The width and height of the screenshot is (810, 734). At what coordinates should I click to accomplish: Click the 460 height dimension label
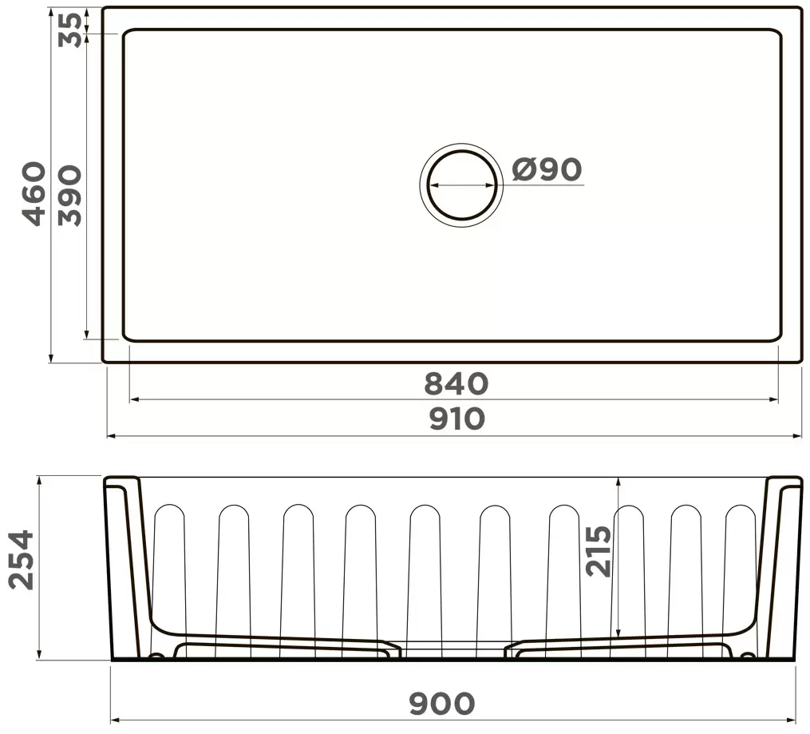[x=34, y=193]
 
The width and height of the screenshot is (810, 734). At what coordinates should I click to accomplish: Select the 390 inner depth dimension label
[x=70, y=196]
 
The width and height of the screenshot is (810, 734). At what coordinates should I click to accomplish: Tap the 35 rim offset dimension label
[x=72, y=30]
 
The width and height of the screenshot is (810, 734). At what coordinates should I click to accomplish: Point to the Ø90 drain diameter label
[x=547, y=169]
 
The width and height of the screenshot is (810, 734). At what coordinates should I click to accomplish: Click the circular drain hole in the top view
[x=460, y=184]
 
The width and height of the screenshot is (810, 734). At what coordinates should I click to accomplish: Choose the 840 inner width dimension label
[x=456, y=384]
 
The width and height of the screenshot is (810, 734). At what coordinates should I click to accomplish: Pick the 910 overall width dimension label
[x=456, y=419]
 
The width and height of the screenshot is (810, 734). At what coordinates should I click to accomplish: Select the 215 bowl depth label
[x=599, y=551]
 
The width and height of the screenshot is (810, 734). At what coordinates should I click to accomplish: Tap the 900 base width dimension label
[x=442, y=704]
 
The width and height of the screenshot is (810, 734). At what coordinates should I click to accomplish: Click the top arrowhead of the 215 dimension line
[x=618, y=481]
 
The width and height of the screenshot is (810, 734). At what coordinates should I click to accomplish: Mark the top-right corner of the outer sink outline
[x=800, y=10]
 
